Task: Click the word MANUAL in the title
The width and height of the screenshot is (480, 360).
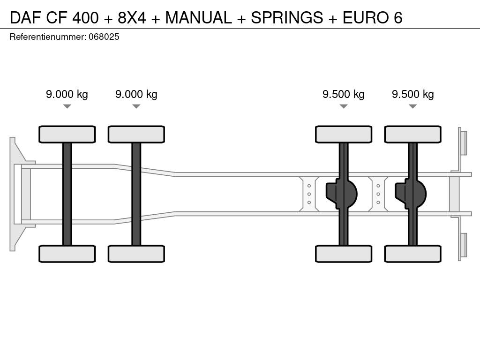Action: click(x=198, y=17)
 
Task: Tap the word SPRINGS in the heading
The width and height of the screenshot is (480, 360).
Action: click(x=287, y=17)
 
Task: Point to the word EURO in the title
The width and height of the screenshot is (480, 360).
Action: click(x=364, y=17)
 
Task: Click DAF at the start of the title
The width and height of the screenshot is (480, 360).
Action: click(x=25, y=17)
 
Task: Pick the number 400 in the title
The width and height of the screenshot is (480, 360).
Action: click(x=85, y=17)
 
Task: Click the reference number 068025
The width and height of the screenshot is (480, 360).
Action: click(x=104, y=37)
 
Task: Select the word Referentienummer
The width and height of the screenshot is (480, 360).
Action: click(x=48, y=37)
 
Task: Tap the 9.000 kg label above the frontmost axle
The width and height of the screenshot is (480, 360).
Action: click(x=67, y=94)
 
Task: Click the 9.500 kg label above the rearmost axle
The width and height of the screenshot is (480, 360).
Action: click(x=412, y=94)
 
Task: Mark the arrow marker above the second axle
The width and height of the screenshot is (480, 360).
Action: click(x=136, y=106)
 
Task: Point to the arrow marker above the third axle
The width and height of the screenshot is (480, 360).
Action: click(x=344, y=106)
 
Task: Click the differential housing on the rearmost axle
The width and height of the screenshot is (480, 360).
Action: click(x=411, y=194)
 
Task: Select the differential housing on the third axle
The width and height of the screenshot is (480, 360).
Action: click(x=342, y=194)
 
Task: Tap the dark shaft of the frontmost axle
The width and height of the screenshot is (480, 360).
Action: click(x=67, y=194)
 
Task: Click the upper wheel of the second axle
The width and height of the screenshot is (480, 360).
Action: click(x=136, y=134)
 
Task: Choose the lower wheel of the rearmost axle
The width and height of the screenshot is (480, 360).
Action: click(x=412, y=254)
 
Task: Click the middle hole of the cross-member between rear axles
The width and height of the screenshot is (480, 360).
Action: click(x=378, y=194)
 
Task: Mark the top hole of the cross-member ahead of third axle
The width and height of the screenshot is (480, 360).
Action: click(x=309, y=186)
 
